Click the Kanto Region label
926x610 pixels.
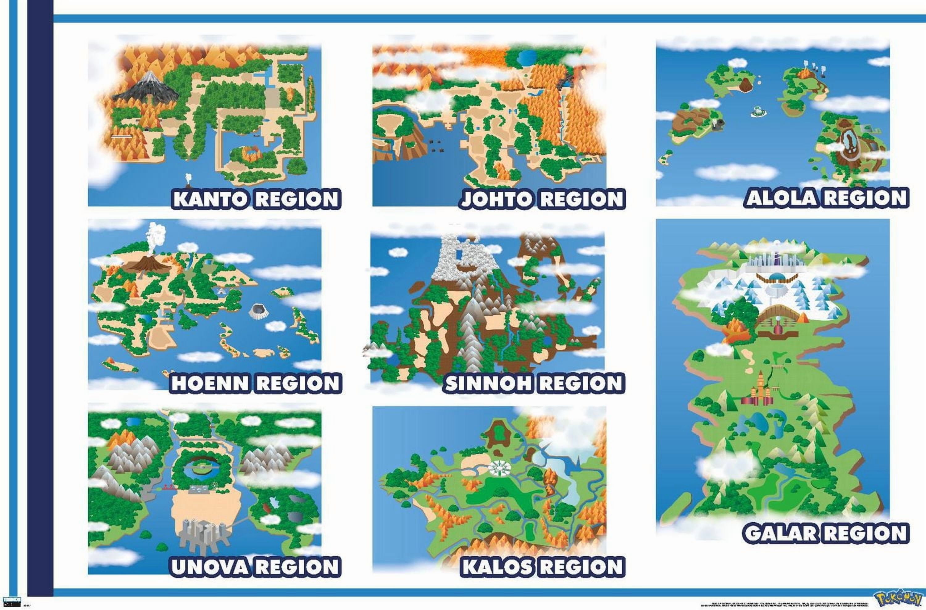256,199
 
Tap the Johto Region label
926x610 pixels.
542,199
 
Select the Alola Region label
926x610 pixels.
827,198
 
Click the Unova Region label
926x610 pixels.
255,567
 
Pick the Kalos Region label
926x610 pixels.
542,567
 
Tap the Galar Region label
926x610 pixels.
826,533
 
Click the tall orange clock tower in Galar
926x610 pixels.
760,385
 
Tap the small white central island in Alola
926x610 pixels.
758,111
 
